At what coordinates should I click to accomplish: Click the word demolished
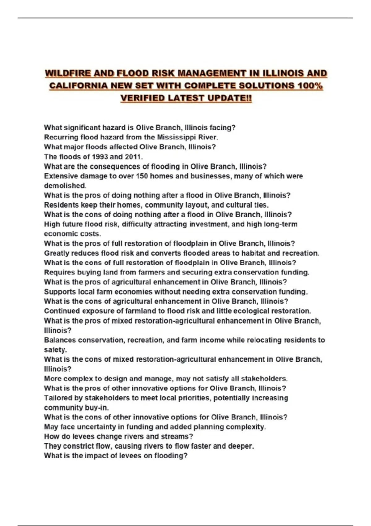pos(65,186)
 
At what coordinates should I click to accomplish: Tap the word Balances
pos(60,340)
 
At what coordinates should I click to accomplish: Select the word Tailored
pos(59,398)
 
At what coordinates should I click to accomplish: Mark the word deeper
pos(241,446)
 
